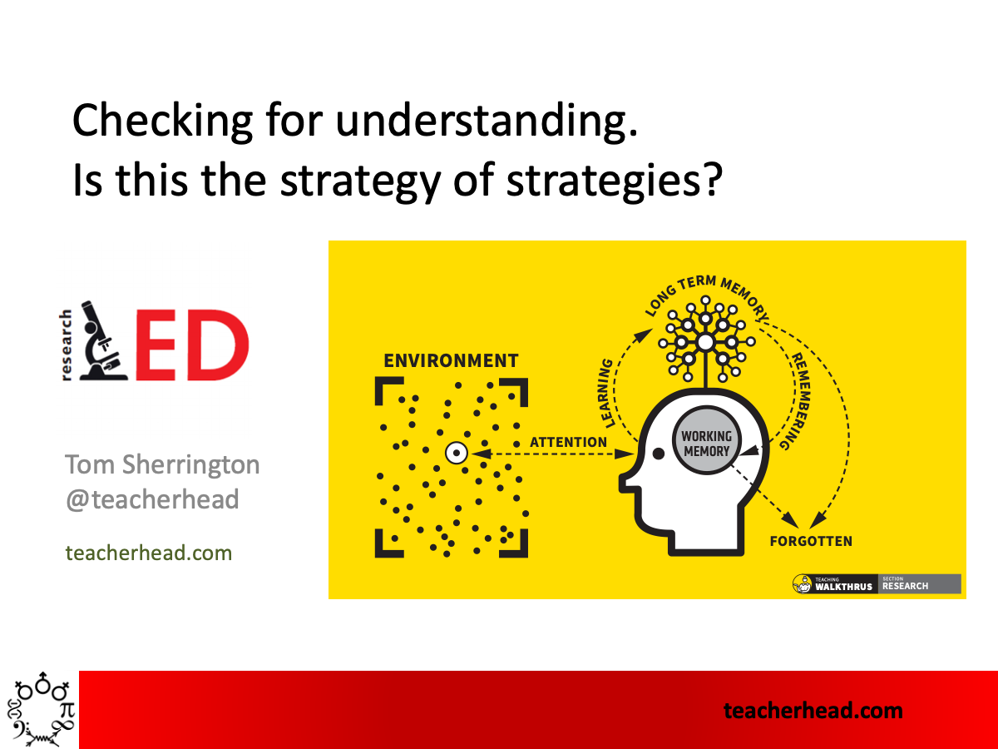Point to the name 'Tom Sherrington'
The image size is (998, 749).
pos(162,464)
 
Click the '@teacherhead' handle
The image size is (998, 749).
pos(152,499)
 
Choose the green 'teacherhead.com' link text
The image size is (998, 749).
pos(149,552)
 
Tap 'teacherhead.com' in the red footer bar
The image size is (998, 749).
pos(813,710)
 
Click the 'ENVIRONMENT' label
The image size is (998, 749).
pos(451,361)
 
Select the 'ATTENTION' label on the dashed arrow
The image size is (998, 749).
pos(569,442)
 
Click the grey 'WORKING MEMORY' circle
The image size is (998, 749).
pos(706,443)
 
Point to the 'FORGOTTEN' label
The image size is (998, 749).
pos(811,541)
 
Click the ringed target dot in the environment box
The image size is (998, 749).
pos(457,454)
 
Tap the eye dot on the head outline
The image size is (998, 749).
pos(658,454)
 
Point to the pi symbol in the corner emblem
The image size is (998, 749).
pos(67,709)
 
